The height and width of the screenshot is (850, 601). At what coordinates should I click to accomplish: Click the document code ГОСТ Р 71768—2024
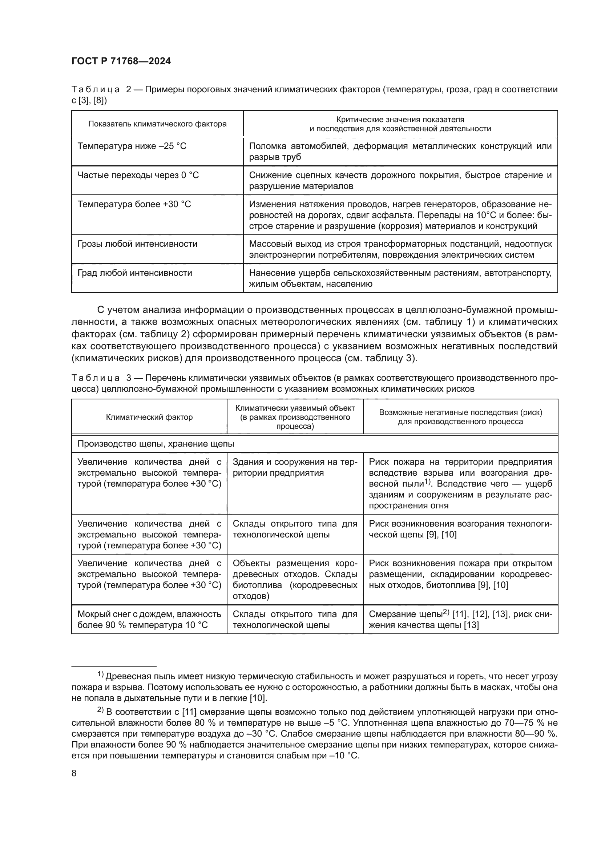pyautogui.click(x=121, y=61)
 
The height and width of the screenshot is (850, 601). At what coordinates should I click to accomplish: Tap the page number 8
pyautogui.click(x=74, y=773)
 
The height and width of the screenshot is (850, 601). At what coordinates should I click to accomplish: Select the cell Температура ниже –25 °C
pyautogui.click(x=132, y=146)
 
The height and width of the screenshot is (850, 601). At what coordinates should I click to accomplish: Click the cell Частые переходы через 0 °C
pyautogui.click(x=138, y=175)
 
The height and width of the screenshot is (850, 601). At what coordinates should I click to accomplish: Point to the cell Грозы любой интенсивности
pyautogui.click(x=137, y=244)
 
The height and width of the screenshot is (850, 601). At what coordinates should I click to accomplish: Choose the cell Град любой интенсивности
pyautogui.click(x=135, y=273)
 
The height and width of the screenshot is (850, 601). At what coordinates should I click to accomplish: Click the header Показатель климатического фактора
pyautogui.click(x=157, y=124)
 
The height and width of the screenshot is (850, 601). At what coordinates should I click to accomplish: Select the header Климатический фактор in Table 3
pyautogui.click(x=149, y=417)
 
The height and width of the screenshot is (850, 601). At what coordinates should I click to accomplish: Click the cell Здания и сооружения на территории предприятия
pyautogui.click(x=295, y=467)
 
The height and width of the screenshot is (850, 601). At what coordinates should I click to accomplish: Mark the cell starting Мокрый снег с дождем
pyautogui.click(x=149, y=619)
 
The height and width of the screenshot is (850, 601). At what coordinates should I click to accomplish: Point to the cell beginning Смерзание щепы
pyautogui.click(x=460, y=619)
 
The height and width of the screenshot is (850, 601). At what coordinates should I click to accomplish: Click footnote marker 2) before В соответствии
pyautogui.click(x=100, y=710)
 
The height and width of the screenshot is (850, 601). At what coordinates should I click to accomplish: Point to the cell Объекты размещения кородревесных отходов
pyautogui.click(x=295, y=579)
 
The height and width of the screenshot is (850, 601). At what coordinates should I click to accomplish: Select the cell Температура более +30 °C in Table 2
pyautogui.click(x=134, y=204)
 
